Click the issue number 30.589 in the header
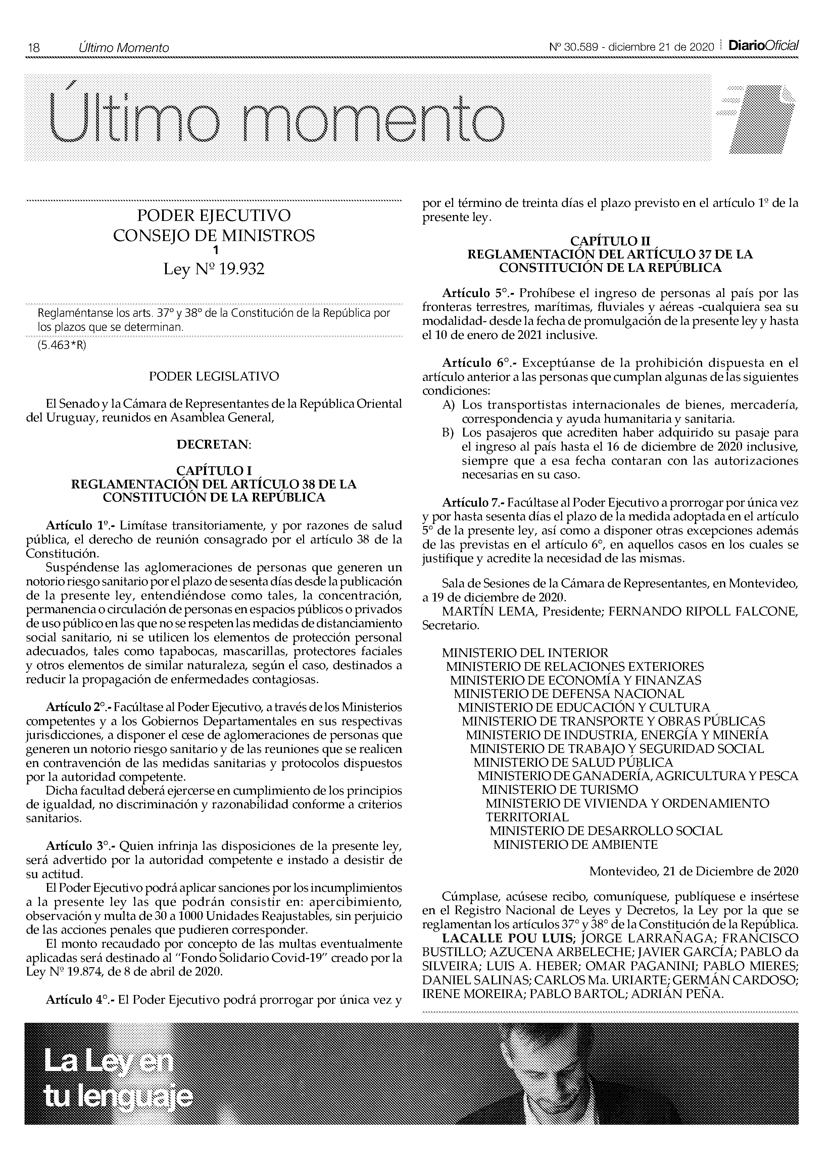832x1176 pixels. tap(581, 48)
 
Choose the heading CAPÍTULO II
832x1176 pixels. tap(610, 241)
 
